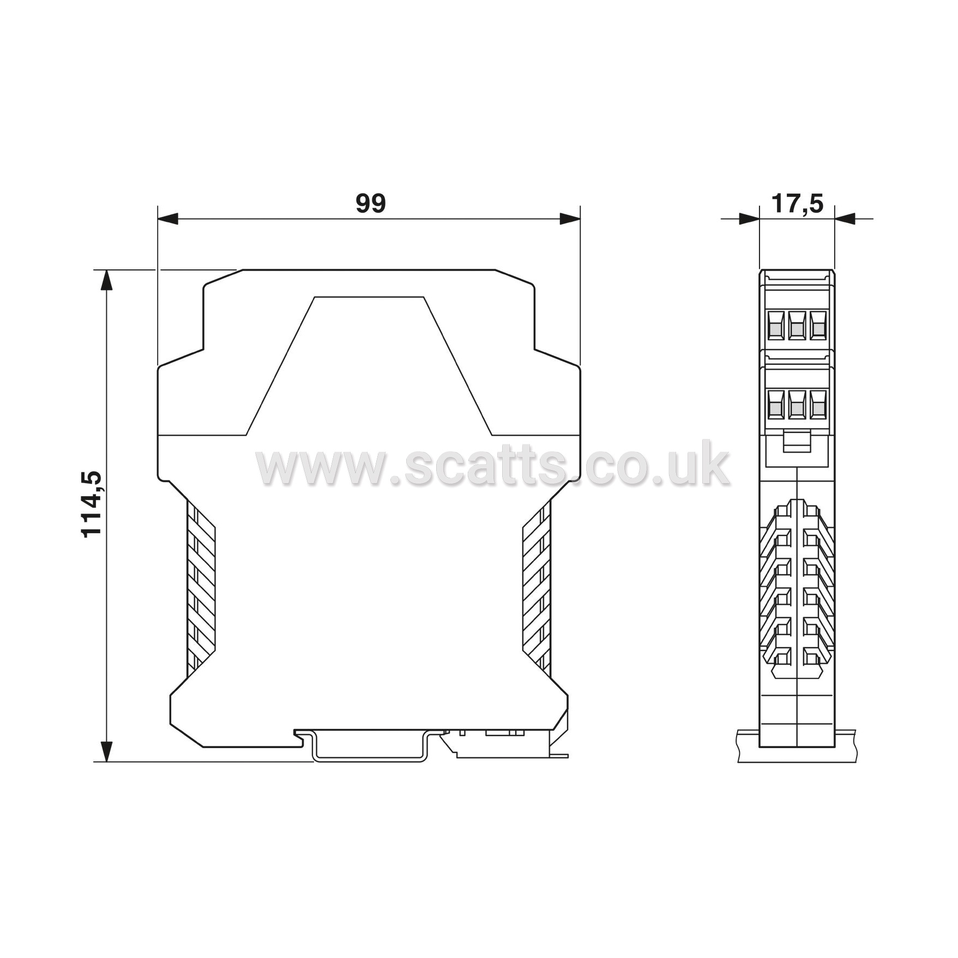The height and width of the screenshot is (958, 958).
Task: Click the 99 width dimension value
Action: click(371, 203)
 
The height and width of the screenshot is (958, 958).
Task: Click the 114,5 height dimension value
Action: click(91, 504)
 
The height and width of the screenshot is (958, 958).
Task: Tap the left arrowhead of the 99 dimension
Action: click(168, 219)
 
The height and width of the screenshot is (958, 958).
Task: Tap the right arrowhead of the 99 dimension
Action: click(570, 219)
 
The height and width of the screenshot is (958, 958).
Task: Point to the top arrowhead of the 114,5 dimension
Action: click(107, 280)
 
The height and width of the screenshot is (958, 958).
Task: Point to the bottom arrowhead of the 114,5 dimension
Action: click(107, 751)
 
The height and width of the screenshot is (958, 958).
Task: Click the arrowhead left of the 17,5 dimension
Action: click(749, 219)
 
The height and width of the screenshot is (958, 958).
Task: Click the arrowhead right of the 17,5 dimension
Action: click(845, 219)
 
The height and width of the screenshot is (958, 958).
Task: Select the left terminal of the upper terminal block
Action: click(775, 326)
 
